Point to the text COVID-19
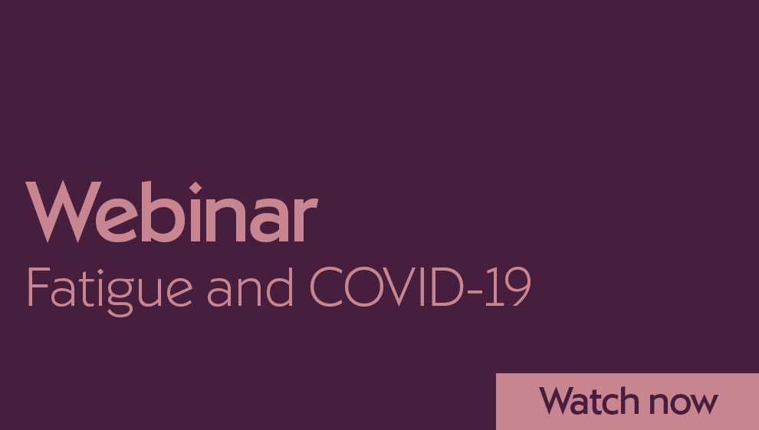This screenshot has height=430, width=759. click(x=420, y=287)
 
